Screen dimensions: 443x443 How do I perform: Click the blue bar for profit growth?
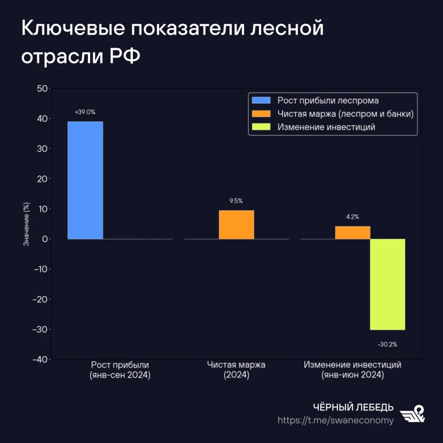(85, 180)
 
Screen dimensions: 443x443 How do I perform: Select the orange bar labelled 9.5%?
(236, 225)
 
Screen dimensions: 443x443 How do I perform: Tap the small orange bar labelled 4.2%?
(353, 232)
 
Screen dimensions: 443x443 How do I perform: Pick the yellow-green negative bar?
(387, 284)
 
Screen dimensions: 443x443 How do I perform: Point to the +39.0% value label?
(85, 112)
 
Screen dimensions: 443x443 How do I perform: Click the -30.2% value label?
(387, 345)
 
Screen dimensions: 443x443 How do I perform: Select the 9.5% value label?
(236, 201)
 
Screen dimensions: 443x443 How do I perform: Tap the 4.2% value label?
(353, 217)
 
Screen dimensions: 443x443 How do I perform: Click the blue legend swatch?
(261, 101)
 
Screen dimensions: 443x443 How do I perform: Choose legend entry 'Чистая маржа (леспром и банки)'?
(345, 114)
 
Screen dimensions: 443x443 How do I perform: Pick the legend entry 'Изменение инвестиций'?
(326, 127)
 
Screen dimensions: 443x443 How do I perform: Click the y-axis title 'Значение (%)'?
(26, 224)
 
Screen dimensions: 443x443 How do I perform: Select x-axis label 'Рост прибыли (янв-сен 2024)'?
(120, 370)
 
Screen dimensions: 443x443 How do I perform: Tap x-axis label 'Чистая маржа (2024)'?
(236, 370)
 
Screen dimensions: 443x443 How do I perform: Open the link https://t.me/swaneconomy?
(335, 420)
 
